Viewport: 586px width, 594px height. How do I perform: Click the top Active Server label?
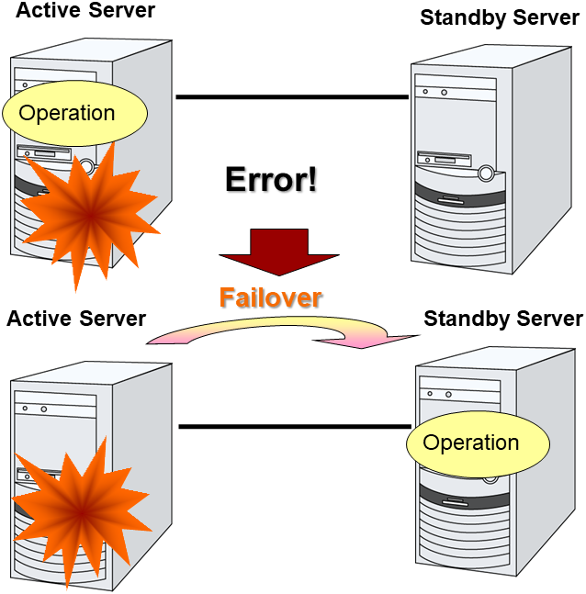pos(85,12)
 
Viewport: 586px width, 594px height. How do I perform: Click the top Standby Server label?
pos(499,17)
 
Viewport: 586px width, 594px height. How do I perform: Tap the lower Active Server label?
pos(76,319)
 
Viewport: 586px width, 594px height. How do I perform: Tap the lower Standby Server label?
pos(502,319)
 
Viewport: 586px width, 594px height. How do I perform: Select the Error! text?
pos(271,178)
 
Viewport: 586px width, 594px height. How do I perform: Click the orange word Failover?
pos(270,297)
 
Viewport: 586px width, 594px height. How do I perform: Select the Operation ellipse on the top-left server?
pos(74,113)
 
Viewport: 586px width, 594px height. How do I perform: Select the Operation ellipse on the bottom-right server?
pos(478,443)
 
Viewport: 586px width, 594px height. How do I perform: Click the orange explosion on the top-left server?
pos(89,213)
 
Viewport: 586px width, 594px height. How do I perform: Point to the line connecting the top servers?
pos(291,96)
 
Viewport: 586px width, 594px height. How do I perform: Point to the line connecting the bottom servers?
pos(294,426)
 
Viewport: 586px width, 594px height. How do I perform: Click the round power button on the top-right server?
pos(484,170)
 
